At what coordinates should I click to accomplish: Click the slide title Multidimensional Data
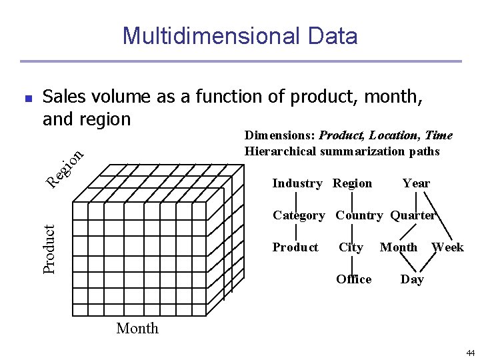point(240,35)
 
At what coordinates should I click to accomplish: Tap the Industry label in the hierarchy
point(297,183)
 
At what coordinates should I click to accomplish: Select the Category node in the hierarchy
point(299,215)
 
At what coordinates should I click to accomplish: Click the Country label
point(359,215)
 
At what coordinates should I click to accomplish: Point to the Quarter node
point(413,215)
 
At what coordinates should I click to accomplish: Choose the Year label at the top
point(416,183)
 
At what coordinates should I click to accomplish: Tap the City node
point(351,247)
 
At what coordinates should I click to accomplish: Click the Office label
point(354,279)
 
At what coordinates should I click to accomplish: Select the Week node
point(447,247)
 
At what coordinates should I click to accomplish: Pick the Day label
point(412,279)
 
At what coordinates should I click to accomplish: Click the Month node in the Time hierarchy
point(399,247)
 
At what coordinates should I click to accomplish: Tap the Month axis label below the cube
point(137,328)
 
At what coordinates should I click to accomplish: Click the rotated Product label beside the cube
point(49,248)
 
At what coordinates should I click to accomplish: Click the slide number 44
point(471,352)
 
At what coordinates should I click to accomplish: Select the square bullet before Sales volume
point(27,98)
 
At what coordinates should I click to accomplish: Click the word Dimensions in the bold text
point(280,135)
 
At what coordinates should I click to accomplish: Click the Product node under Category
point(295,247)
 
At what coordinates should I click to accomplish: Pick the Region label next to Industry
point(352,183)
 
